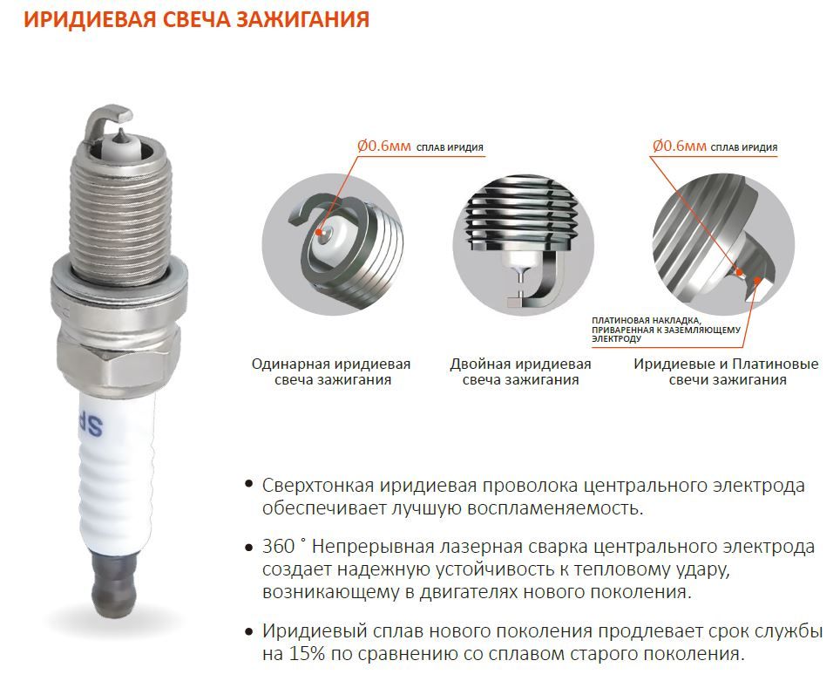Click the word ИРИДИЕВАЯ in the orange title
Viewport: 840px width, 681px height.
click(90, 19)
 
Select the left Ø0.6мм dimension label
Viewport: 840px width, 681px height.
click(383, 146)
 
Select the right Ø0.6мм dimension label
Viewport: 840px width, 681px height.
click(680, 146)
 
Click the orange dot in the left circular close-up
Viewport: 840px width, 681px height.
click(320, 232)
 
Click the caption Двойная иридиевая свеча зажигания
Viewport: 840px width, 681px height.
click(520, 371)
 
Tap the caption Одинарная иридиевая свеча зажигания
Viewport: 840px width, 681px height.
click(331, 371)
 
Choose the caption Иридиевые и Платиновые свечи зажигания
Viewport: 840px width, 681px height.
click(726, 371)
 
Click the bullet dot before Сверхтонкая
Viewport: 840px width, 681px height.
click(248, 484)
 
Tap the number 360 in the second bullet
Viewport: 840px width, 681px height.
click(279, 547)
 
